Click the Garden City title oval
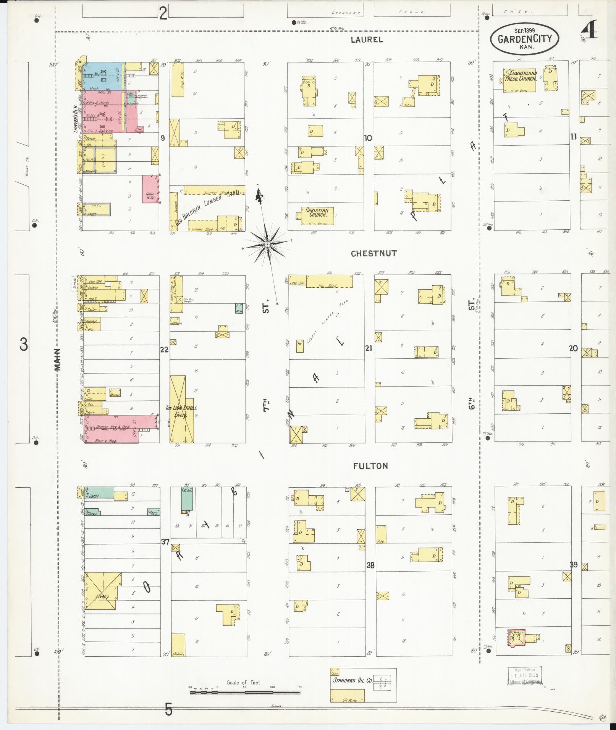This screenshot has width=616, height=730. (x=524, y=38)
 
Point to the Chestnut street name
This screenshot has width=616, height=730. (x=369, y=253)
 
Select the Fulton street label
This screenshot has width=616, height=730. (x=370, y=466)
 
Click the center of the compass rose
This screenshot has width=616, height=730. (x=268, y=243)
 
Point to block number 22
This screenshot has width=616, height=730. (x=164, y=349)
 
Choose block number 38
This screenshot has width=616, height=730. (x=370, y=566)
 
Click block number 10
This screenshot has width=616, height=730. (x=368, y=138)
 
